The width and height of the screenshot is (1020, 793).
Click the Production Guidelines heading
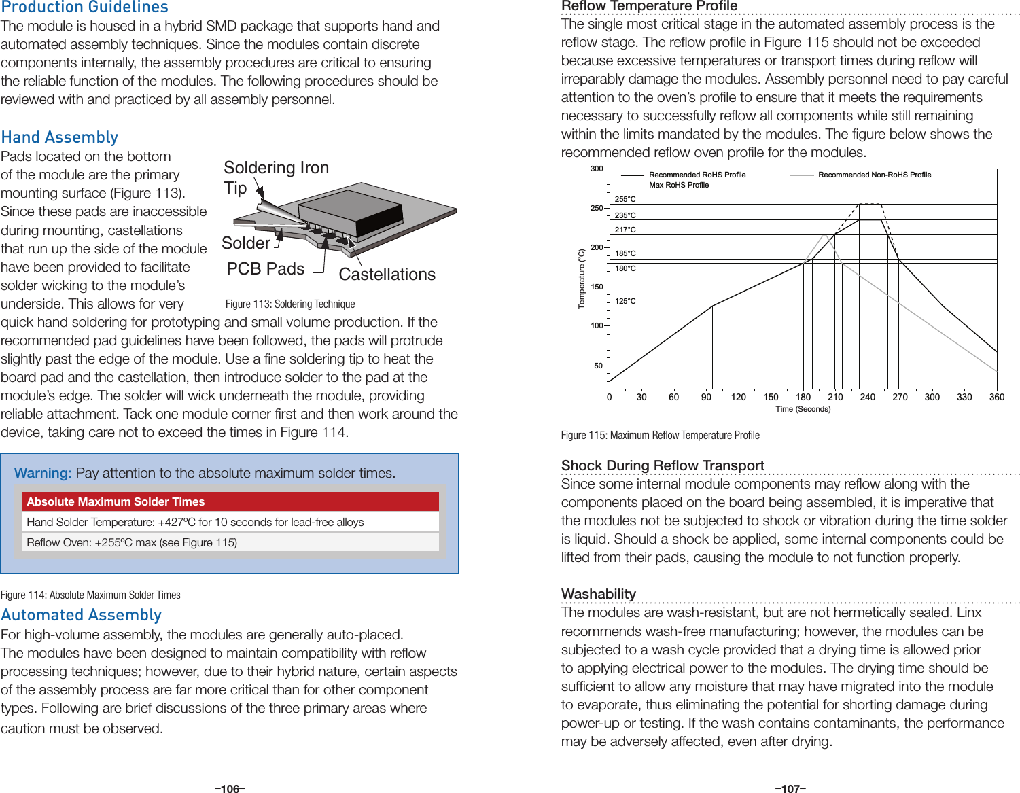point(84,7)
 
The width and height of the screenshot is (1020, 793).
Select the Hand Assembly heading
point(60,137)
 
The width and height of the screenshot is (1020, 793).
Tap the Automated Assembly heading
point(81,615)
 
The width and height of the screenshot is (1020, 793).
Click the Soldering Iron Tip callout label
point(275,177)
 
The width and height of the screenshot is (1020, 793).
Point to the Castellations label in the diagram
point(387,275)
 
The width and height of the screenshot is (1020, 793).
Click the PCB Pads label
point(265,269)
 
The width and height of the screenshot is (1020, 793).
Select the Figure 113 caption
point(290,304)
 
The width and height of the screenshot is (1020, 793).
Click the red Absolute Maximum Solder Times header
point(230,501)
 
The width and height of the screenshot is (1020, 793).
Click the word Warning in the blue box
point(43,473)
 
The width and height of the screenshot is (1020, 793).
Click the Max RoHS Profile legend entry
point(678,185)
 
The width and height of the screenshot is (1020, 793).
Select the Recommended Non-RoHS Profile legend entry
point(874,175)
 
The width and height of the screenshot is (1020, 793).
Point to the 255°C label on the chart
point(625,199)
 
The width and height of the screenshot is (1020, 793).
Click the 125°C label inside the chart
point(625,301)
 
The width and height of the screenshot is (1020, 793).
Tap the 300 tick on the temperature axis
point(596,169)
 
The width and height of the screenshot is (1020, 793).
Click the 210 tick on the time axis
point(835,397)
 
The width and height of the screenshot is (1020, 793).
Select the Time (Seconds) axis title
point(803,409)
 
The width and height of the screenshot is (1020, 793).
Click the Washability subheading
point(598,594)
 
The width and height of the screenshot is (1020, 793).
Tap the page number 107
point(790,788)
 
